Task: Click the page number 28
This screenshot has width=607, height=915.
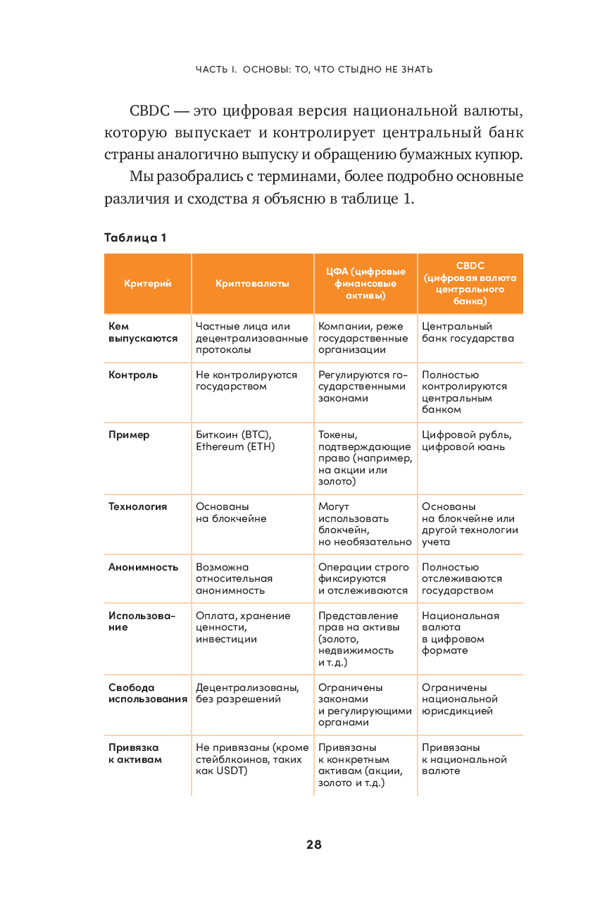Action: pyautogui.click(x=314, y=845)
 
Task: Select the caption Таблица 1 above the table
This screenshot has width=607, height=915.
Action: pyautogui.click(x=135, y=237)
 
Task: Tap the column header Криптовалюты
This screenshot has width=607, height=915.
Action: pyautogui.click(x=252, y=283)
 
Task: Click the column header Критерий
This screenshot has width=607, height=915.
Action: pyautogui.click(x=148, y=283)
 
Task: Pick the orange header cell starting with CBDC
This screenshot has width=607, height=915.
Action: pyautogui.click(x=470, y=283)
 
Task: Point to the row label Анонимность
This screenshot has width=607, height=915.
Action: pyautogui.click(x=143, y=567)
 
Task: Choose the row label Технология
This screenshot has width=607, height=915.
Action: pyautogui.click(x=138, y=506)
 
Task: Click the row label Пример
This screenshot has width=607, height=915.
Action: pyautogui.click(x=129, y=435)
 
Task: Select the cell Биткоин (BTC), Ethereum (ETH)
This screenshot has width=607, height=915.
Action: pyautogui.click(x=234, y=441)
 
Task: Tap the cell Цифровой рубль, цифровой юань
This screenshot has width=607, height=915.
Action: pyautogui.click(x=467, y=441)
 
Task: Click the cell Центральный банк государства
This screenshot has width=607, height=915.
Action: pyautogui.click(x=468, y=332)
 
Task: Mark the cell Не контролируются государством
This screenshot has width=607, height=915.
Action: pyautogui.click(x=246, y=380)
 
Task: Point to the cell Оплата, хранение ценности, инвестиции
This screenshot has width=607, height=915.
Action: pyautogui.click(x=243, y=627)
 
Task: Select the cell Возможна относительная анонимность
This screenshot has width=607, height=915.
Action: pyautogui.click(x=234, y=578)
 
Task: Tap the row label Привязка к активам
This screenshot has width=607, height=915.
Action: pyautogui.click(x=134, y=754)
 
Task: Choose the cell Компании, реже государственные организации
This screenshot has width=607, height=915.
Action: pyautogui.click(x=363, y=338)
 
